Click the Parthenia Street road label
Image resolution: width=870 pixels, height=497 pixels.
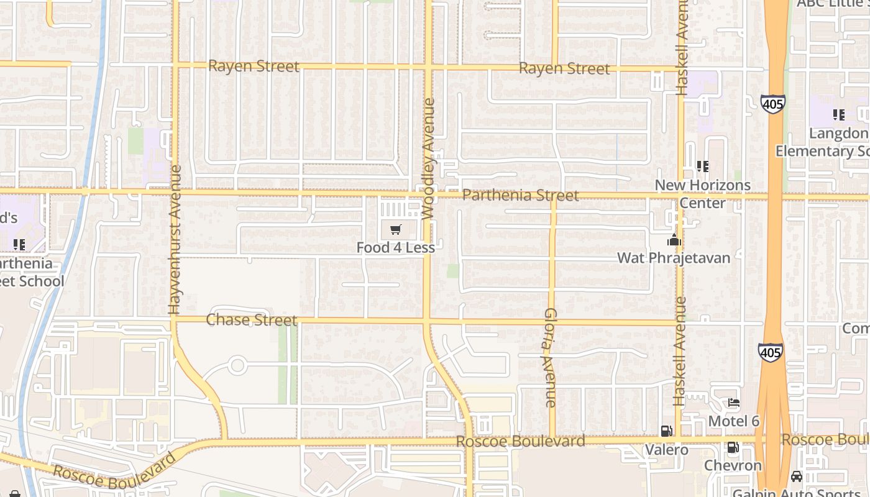point(520,196)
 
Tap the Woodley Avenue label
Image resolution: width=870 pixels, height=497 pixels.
point(428,158)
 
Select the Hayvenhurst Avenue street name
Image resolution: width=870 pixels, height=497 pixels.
point(174,239)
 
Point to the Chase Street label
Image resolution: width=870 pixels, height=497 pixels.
point(251,320)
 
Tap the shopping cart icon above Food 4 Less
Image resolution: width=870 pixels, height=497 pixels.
point(396,230)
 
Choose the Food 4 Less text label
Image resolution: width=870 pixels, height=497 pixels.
point(395,247)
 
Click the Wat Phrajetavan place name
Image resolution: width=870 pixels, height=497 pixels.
point(674,257)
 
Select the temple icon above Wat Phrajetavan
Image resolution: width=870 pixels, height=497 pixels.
point(674,240)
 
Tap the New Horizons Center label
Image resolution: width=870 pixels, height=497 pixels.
point(702,194)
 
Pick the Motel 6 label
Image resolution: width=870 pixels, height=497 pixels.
point(734,421)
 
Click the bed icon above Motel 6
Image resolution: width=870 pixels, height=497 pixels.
point(734,403)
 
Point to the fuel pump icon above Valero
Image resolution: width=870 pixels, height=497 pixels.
point(666,431)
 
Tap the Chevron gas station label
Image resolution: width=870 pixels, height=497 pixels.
point(733,465)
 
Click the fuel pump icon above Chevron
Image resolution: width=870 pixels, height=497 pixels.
point(733,447)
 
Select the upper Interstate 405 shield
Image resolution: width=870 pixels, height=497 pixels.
point(772,104)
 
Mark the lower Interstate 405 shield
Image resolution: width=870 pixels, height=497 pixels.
point(769,353)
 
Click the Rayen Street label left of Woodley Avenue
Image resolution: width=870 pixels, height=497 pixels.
point(254,66)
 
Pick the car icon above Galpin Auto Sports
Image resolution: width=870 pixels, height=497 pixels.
point(796,476)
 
